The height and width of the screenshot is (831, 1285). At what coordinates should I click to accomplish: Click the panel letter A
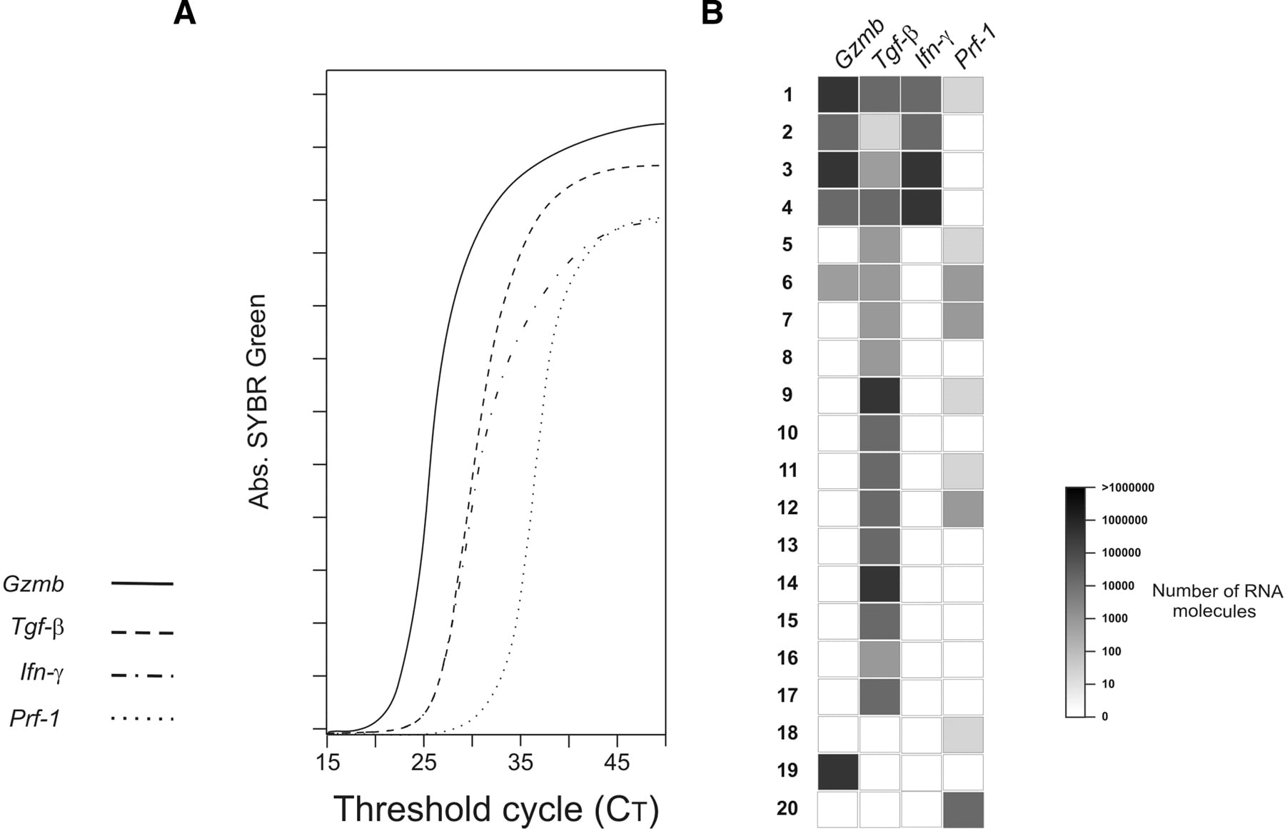pyautogui.click(x=184, y=13)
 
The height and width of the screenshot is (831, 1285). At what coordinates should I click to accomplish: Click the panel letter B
pyautogui.click(x=712, y=13)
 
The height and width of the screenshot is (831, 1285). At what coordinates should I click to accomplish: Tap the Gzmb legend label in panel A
pyautogui.click(x=34, y=584)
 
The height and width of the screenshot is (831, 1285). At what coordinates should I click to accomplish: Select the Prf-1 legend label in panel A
pyautogui.click(x=35, y=718)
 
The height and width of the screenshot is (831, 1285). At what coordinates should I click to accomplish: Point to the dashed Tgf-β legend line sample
pyautogui.click(x=142, y=633)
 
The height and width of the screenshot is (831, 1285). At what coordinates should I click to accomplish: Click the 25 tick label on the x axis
pyautogui.click(x=423, y=762)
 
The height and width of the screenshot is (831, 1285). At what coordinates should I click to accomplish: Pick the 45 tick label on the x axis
pyautogui.click(x=617, y=762)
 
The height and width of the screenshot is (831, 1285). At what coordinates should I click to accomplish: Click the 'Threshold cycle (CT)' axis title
pyautogui.click(x=496, y=809)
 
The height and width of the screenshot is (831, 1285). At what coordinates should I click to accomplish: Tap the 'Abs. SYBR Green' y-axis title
pyautogui.click(x=258, y=401)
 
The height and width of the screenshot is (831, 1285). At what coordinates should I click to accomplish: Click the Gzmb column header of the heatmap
pyautogui.click(x=859, y=44)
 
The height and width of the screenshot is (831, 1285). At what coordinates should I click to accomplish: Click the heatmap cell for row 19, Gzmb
pyautogui.click(x=838, y=772)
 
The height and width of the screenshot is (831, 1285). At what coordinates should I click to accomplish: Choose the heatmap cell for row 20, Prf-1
pyautogui.click(x=963, y=810)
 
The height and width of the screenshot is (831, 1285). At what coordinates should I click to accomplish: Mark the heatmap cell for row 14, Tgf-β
pyautogui.click(x=880, y=583)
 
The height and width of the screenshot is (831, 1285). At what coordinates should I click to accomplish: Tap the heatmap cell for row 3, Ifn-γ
pyautogui.click(x=921, y=170)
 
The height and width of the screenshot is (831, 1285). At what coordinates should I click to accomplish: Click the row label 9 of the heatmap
pyautogui.click(x=787, y=395)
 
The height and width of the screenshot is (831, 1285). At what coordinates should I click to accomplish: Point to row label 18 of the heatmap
pyautogui.click(x=787, y=732)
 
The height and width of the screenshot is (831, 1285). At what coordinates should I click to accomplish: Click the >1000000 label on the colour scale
pyautogui.click(x=1128, y=488)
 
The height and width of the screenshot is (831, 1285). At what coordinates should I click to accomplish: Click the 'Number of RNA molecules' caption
pyautogui.click(x=1217, y=601)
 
